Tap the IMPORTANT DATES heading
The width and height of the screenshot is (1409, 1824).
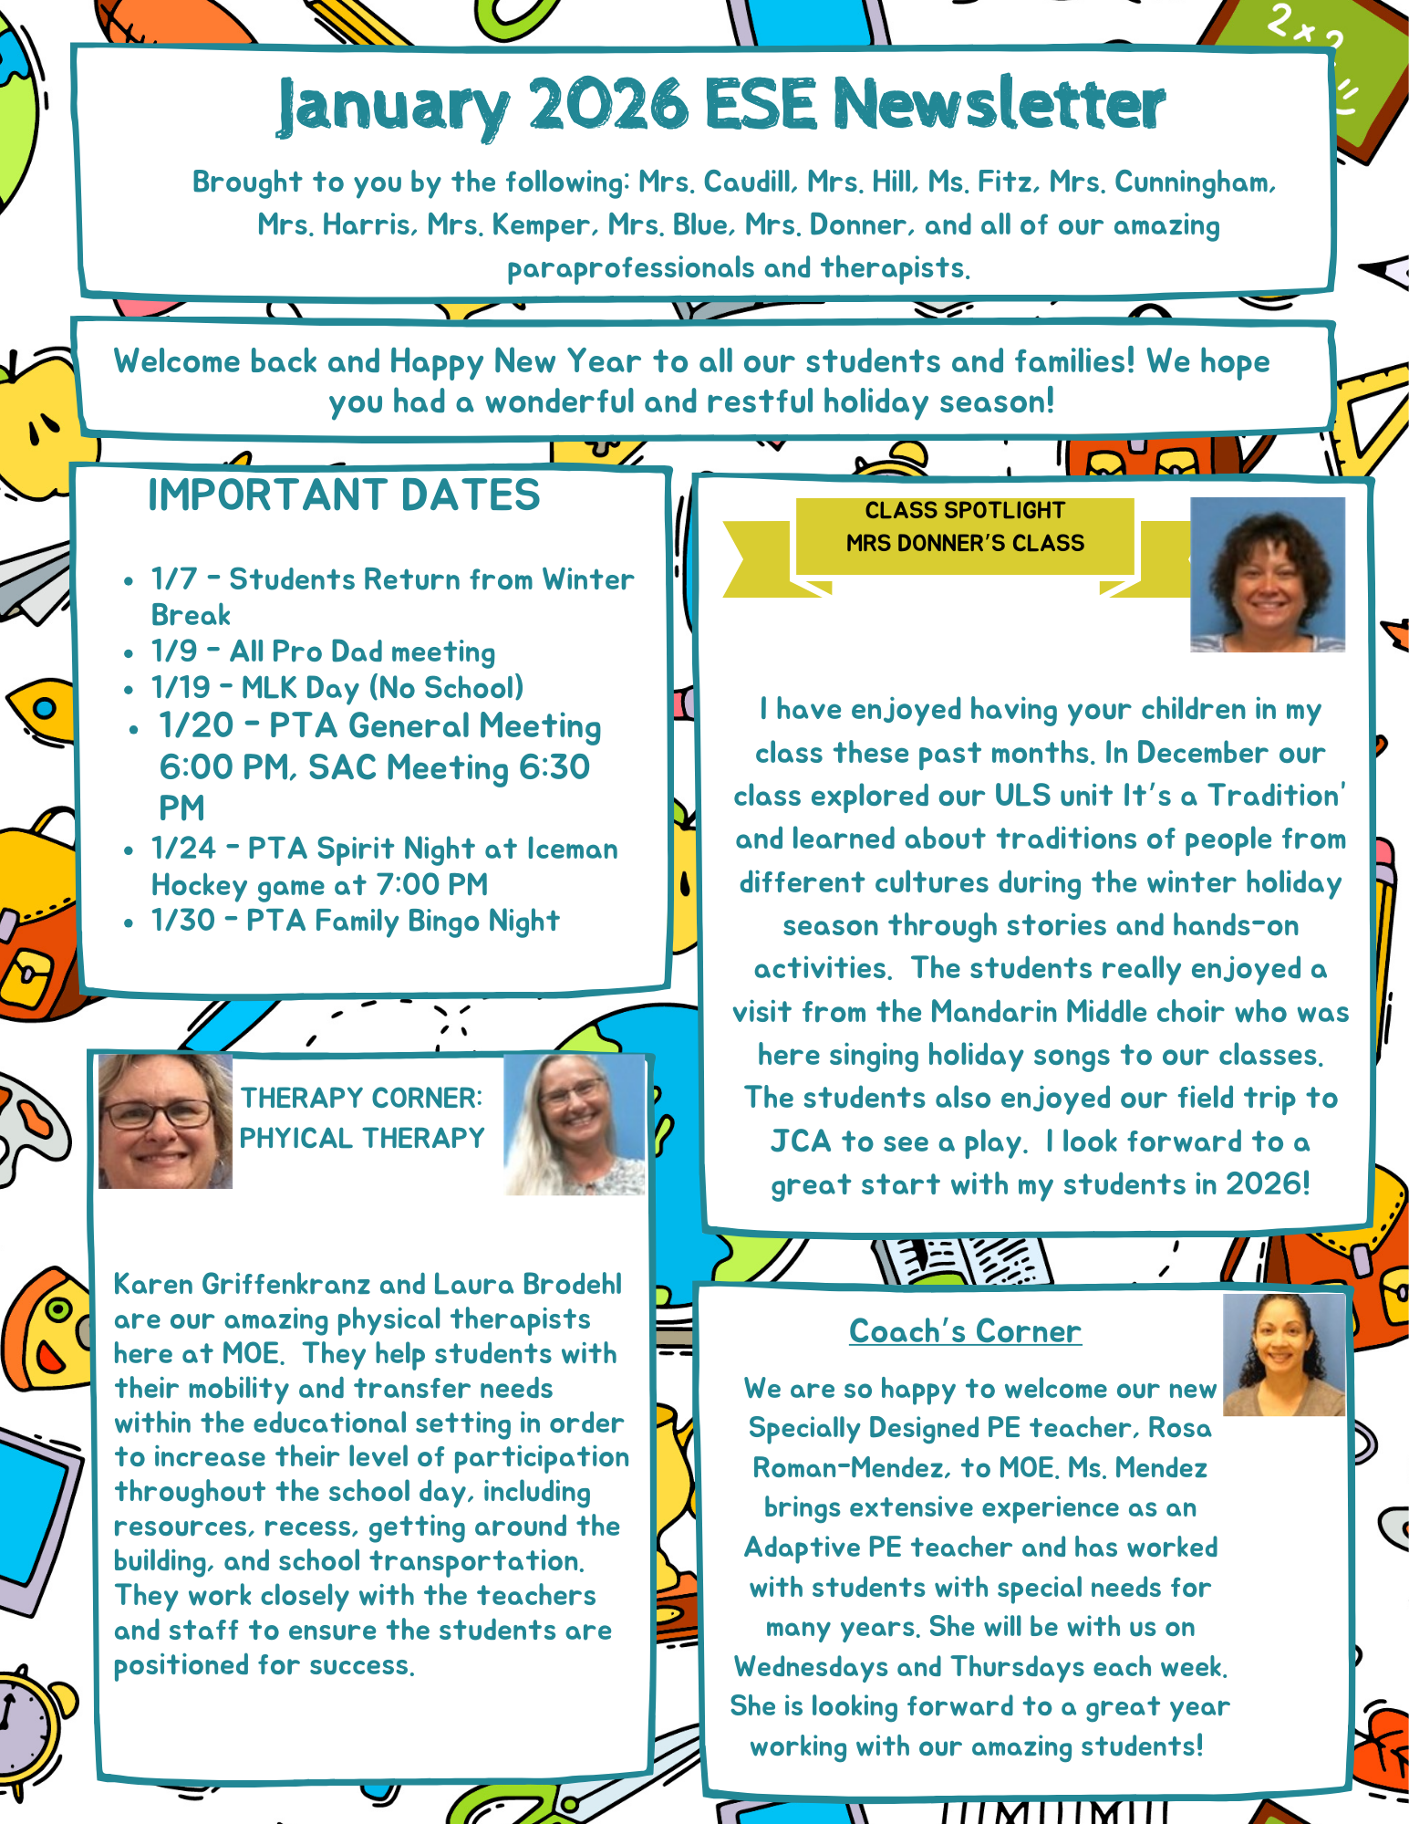coord(344,495)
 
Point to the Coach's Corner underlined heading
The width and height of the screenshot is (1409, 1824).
coord(965,1331)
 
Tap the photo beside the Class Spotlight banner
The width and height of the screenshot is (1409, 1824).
coord(1267,575)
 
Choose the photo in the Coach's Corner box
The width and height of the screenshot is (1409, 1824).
coord(1283,1355)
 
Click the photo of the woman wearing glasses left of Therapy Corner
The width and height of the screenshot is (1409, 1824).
coord(165,1121)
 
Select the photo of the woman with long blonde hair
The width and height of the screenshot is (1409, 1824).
coord(575,1125)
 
